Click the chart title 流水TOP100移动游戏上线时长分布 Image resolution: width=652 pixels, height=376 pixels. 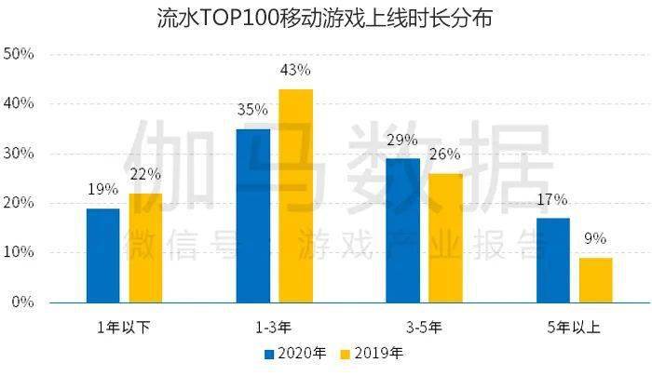[325, 18]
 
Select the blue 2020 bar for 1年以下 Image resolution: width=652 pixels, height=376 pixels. [102, 255]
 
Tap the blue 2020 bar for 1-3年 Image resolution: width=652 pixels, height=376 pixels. [252, 215]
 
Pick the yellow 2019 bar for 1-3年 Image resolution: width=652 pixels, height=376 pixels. [295, 195]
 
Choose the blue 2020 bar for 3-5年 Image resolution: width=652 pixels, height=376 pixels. [402, 230]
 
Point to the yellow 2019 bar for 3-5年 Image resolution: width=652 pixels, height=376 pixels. [445, 237]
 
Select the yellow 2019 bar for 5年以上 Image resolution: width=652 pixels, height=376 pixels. [595, 279]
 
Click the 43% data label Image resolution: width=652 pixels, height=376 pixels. [295, 71]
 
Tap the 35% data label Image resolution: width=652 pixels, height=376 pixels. [252, 110]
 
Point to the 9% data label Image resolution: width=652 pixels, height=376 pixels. [595, 238]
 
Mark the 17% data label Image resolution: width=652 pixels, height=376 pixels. [552, 199]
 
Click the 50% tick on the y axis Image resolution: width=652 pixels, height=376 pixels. [20, 54]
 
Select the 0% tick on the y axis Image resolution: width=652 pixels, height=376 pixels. [23, 302]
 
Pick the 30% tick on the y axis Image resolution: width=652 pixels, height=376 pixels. [20, 154]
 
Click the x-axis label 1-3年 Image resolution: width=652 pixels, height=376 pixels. [274, 327]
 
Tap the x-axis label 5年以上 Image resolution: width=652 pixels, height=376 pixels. [574, 327]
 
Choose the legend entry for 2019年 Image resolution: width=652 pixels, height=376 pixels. [372, 355]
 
